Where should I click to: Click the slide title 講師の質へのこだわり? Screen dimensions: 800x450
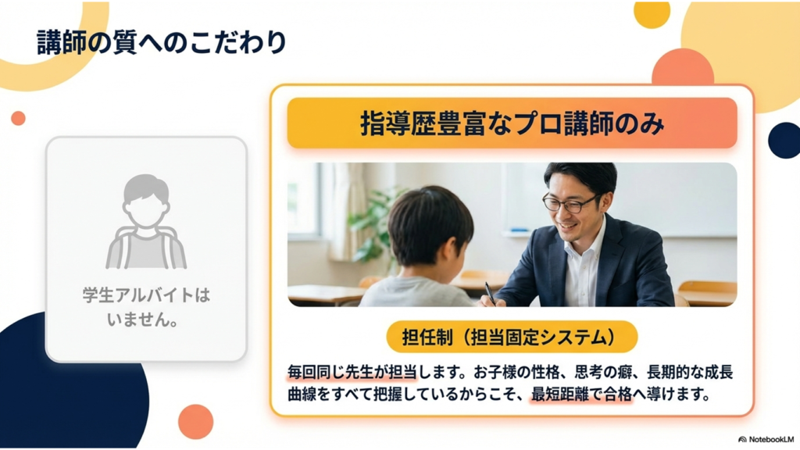point(162,42)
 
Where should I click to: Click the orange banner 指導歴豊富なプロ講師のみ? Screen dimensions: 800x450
point(512,123)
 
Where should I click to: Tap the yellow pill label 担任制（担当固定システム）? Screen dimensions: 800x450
point(512,337)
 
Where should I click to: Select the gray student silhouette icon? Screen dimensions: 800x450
point(146,221)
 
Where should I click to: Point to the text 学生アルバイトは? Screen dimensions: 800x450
point(146,295)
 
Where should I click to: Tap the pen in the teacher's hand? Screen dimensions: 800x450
point(490,294)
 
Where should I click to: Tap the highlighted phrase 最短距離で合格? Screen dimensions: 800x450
point(581,395)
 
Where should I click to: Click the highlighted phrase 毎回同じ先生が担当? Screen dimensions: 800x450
point(352,372)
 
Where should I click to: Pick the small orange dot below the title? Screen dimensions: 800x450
point(19,118)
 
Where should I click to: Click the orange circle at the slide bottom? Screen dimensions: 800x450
point(196,422)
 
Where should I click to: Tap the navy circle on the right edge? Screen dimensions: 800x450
point(785,141)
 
